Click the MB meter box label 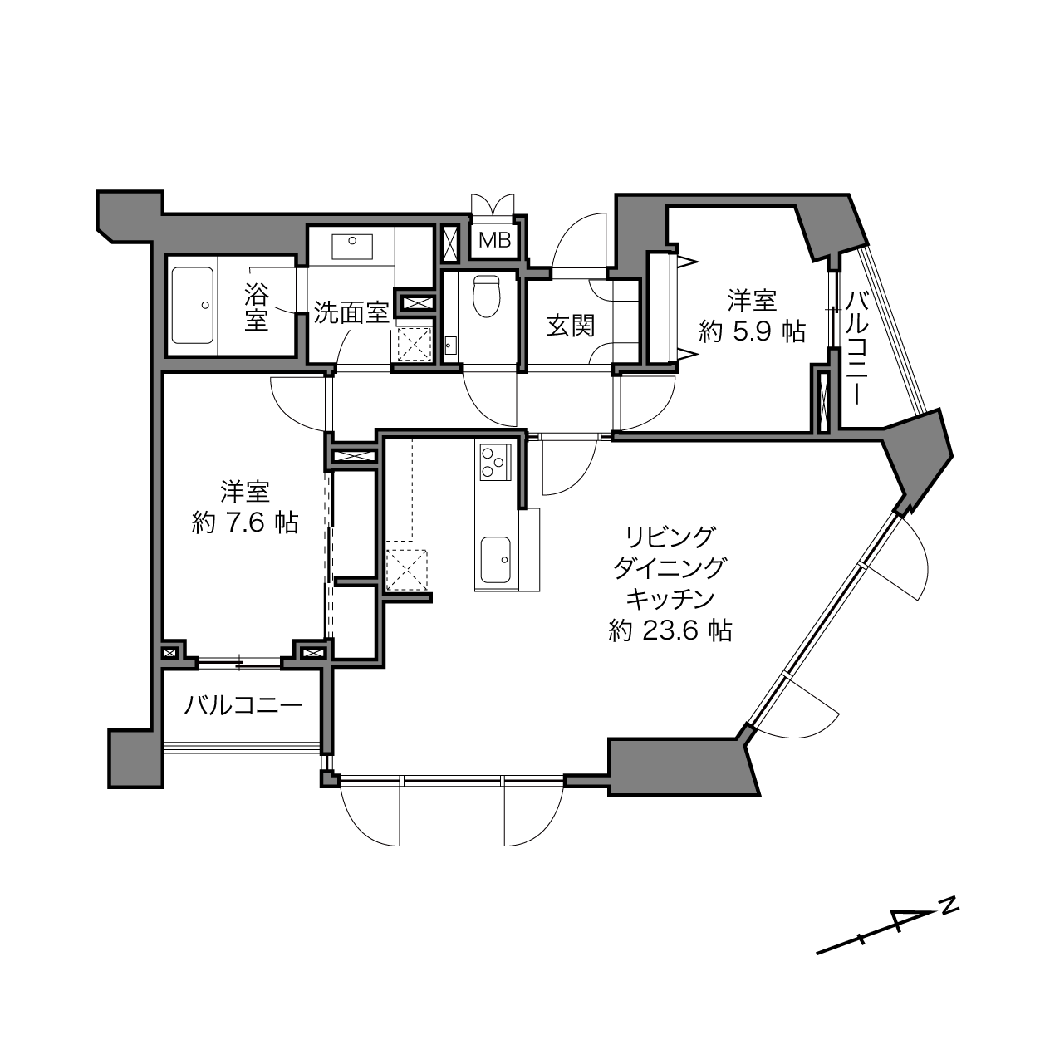point(494,241)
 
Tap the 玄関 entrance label point(570,326)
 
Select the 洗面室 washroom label point(351,312)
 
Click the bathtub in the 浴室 point(192,305)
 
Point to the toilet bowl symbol point(487,297)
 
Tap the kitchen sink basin point(495,560)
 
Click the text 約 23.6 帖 point(670,630)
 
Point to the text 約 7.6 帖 point(244,523)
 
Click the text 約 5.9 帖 point(753,331)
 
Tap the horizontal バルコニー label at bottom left point(243,705)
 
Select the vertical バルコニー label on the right point(856,347)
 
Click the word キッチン point(670,599)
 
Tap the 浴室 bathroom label point(257,306)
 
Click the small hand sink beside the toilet point(451,345)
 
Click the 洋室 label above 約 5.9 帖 point(753,301)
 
